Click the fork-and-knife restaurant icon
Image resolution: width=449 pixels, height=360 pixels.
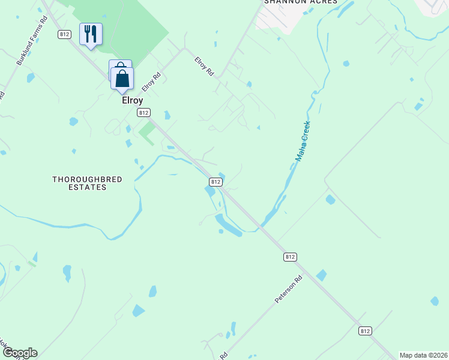(x=91, y=34)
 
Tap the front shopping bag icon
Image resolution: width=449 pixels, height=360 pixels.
(x=122, y=79)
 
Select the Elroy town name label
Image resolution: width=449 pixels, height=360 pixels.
(x=132, y=101)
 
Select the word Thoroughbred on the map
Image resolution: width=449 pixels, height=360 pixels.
(x=79, y=179)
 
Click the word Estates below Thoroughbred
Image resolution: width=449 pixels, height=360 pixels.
(x=88, y=187)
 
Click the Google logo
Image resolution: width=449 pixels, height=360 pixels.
(x=19, y=353)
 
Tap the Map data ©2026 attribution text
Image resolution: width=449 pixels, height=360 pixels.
(x=424, y=355)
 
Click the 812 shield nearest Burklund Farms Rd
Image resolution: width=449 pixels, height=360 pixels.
(x=65, y=34)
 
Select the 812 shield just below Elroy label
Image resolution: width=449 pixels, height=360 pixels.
(x=143, y=112)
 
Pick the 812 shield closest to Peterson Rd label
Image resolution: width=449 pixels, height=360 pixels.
(x=290, y=256)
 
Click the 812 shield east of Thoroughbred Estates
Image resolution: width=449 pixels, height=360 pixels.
(x=215, y=181)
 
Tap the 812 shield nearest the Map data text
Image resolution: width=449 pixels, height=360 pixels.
(x=365, y=331)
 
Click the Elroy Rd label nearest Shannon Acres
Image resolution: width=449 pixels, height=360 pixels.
(x=204, y=66)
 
